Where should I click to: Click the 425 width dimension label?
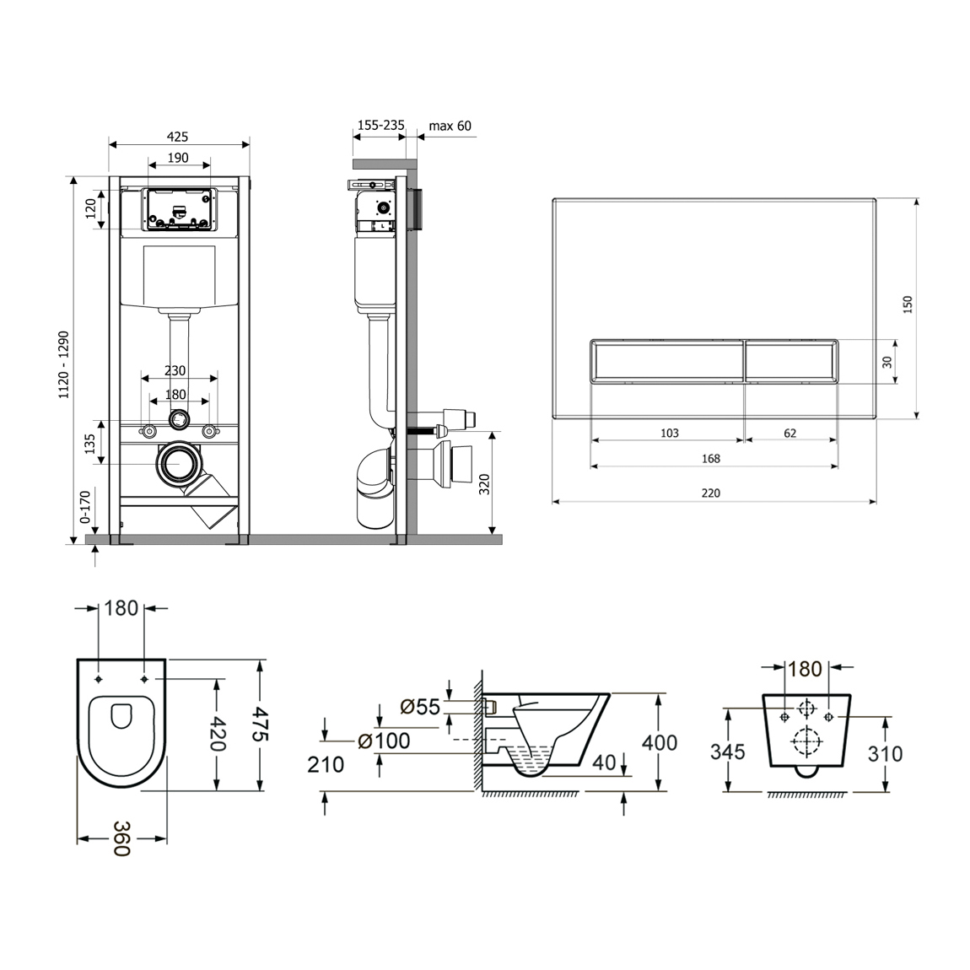[x=177, y=137]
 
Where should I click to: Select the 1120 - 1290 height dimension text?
[x=64, y=364]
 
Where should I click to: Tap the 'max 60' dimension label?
[x=450, y=127]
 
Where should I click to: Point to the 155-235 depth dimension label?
[x=381, y=125]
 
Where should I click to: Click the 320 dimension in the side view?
[x=484, y=483]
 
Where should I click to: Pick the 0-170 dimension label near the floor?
[x=84, y=507]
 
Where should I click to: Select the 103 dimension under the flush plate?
[x=670, y=433]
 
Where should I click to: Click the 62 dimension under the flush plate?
[x=790, y=433]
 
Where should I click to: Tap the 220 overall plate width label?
[x=711, y=493]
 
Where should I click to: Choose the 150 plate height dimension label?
[x=908, y=304]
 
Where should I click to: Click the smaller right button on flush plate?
[x=791, y=361]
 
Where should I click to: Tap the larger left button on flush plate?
[x=667, y=361]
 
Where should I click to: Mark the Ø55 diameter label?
[x=419, y=707]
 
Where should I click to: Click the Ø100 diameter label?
[x=384, y=740]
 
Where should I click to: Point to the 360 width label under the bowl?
[x=121, y=838]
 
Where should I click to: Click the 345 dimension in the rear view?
[x=728, y=752]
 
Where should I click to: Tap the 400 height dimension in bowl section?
[x=660, y=741]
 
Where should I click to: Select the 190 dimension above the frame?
[x=178, y=158]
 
